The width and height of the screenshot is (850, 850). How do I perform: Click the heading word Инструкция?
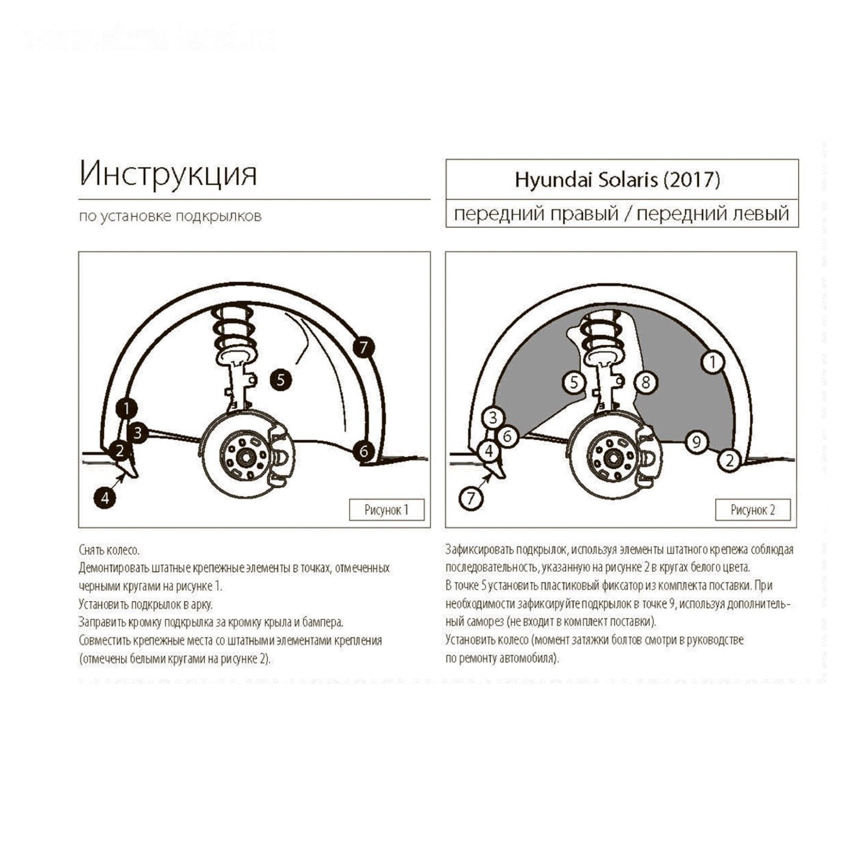click(x=168, y=174)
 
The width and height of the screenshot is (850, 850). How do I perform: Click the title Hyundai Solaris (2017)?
click(x=617, y=180)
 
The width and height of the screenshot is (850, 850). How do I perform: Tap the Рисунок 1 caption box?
click(x=387, y=510)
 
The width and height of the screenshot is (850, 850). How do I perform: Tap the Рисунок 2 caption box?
click(x=753, y=510)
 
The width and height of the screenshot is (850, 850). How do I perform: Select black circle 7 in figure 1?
click(x=363, y=347)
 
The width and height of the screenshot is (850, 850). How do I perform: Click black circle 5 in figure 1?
click(x=280, y=379)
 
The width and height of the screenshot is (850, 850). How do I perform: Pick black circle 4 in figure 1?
click(x=105, y=498)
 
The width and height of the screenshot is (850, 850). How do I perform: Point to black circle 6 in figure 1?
click(x=363, y=451)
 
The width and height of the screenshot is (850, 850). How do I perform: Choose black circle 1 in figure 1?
click(x=126, y=409)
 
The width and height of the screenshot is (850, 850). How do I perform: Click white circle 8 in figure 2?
click(x=645, y=382)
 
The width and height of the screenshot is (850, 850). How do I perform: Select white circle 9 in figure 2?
click(x=696, y=441)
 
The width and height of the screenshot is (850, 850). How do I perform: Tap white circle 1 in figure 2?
click(x=712, y=362)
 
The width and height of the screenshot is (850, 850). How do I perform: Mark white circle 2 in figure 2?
click(x=729, y=460)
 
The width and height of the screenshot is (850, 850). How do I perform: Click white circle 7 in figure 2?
click(x=471, y=498)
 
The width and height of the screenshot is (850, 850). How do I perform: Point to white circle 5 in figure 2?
click(x=574, y=382)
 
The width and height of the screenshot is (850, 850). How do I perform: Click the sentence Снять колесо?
click(x=109, y=550)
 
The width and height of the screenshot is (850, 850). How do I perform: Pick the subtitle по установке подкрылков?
click(x=170, y=216)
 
